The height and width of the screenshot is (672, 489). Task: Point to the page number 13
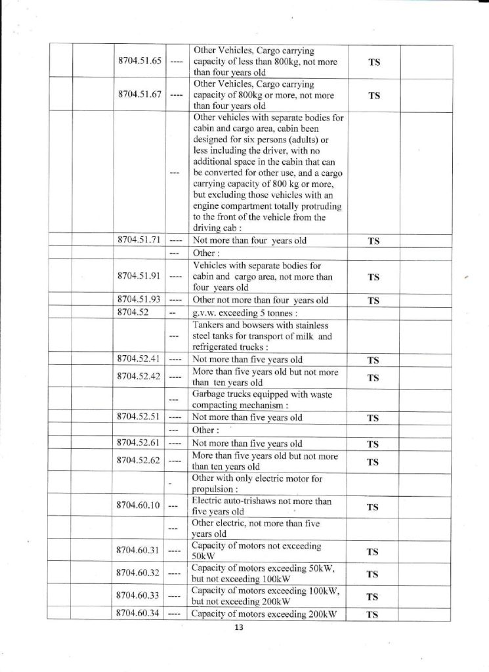pos(238,628)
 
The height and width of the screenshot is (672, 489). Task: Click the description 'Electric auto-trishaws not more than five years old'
pos(261,506)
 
